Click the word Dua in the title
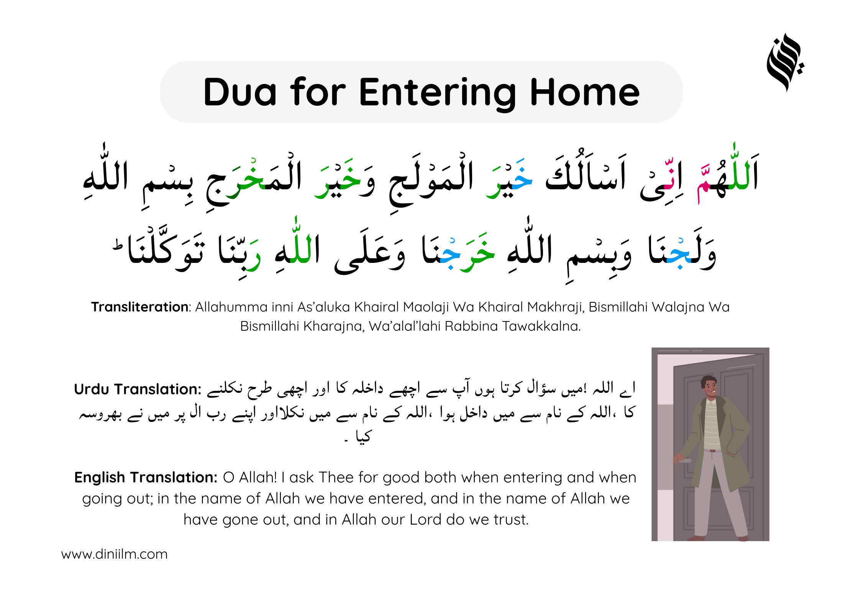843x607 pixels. coord(240,92)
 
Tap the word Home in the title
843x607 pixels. coord(585,92)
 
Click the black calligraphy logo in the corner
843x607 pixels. coord(786,62)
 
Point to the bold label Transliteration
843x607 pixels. coord(139,307)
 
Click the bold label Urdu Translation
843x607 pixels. coord(138,389)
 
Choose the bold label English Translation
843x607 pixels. coord(146,477)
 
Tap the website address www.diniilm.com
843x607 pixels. coord(114,554)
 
